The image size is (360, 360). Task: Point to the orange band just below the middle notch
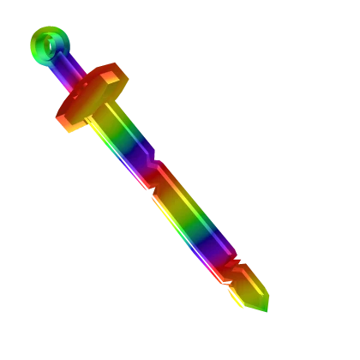[168, 193]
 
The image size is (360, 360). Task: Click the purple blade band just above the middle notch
[143, 163]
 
